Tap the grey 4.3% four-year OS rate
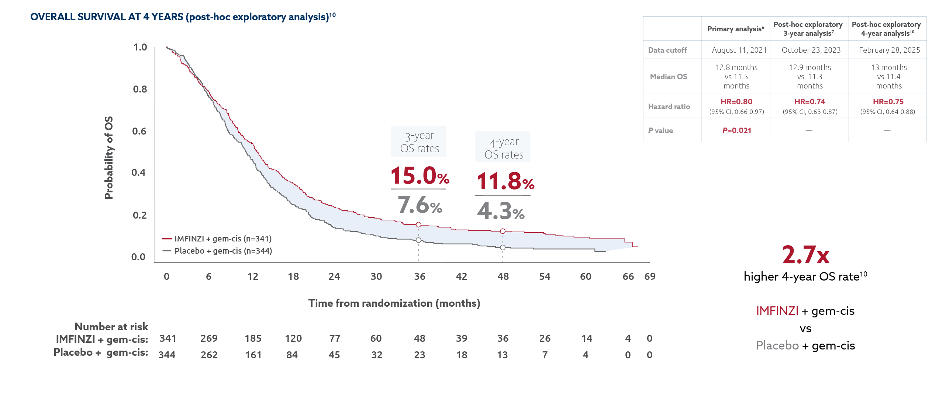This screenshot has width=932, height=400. click(x=501, y=211)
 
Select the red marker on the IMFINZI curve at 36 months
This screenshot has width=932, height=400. click(x=418, y=225)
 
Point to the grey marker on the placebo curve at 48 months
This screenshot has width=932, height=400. click(x=503, y=247)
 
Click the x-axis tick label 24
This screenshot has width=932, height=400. click(x=334, y=276)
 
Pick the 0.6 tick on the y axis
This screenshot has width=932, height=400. click(x=139, y=131)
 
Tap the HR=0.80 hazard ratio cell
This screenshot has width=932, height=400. click(x=736, y=102)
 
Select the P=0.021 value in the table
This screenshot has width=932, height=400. click(x=736, y=131)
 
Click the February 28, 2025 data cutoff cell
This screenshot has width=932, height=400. click(x=889, y=50)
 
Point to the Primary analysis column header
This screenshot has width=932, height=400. click(x=735, y=29)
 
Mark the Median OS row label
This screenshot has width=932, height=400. click(x=668, y=77)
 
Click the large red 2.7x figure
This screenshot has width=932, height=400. click(x=805, y=255)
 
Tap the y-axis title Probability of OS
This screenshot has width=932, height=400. click(x=109, y=158)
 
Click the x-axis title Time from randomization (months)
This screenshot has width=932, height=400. click(x=394, y=303)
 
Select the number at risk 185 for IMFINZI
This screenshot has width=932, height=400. click(x=253, y=338)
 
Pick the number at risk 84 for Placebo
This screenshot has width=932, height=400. click(x=292, y=355)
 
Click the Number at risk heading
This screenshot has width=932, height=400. click(x=111, y=327)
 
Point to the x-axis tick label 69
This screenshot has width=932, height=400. click(x=650, y=276)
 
